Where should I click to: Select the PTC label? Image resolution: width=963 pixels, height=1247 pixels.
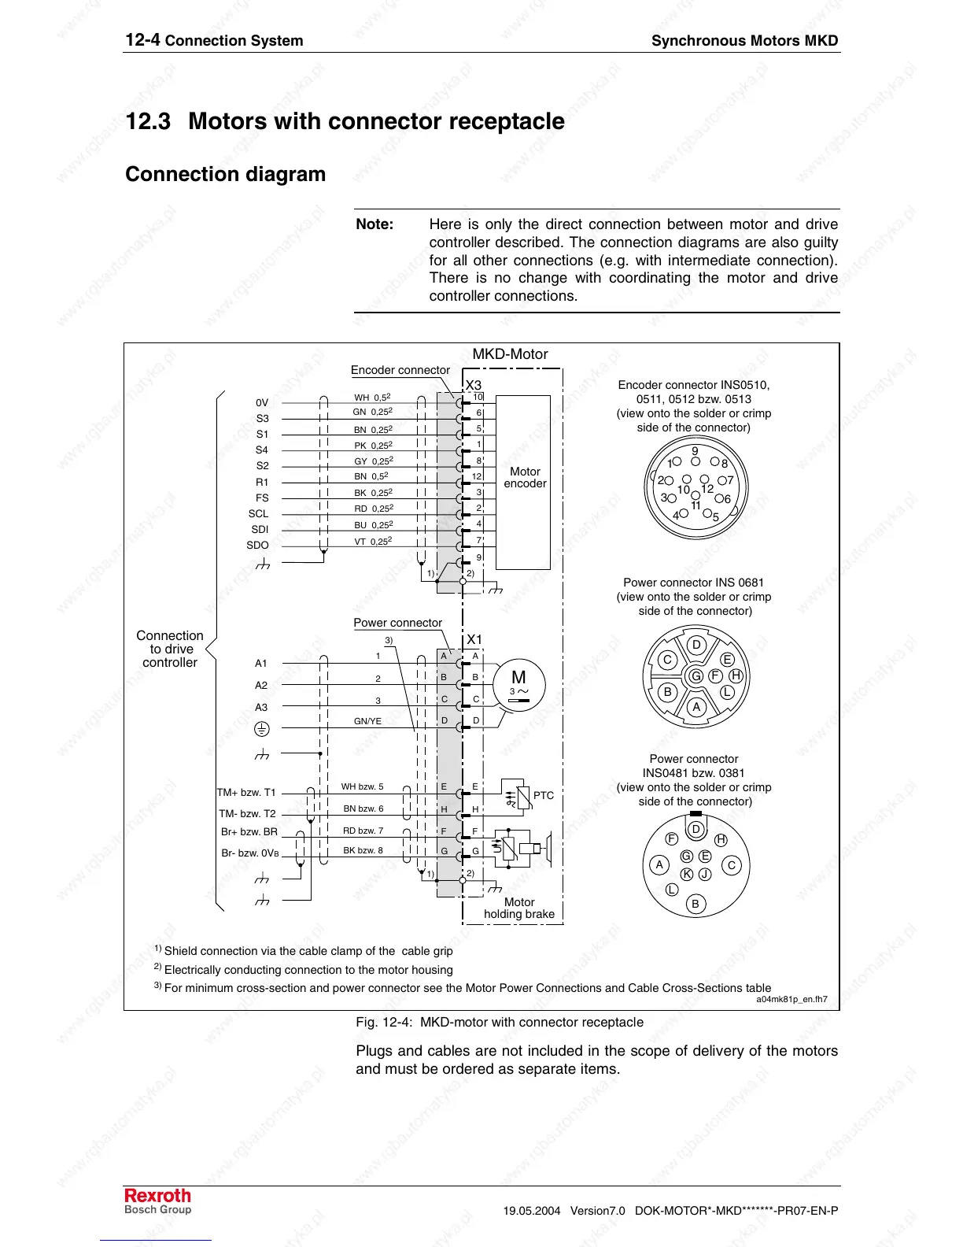[543, 795]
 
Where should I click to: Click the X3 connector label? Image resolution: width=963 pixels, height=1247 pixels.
[474, 385]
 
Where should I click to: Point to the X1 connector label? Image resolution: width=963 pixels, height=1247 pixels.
[474, 639]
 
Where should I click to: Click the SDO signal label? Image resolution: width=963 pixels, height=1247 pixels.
[257, 545]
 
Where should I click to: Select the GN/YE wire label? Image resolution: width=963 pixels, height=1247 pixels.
[367, 720]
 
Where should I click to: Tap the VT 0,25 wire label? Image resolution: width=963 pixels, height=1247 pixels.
[372, 541]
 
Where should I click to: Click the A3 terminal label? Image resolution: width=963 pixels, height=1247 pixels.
[261, 707]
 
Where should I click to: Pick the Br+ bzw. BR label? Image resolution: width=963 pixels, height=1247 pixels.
[249, 831]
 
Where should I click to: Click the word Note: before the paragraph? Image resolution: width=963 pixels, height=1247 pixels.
[374, 224]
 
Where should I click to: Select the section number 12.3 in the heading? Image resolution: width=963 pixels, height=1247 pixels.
[148, 121]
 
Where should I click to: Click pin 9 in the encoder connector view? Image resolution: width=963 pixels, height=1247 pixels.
[695, 452]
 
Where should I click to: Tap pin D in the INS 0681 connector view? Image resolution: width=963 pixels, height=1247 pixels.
[696, 645]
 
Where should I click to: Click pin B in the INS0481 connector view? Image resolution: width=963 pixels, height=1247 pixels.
[695, 904]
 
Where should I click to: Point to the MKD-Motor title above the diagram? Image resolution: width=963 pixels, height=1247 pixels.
[510, 354]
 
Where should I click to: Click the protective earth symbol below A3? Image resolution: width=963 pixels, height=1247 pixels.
[262, 730]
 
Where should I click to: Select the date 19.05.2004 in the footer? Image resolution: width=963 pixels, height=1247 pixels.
[532, 1211]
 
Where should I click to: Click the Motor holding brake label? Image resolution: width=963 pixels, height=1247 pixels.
[519, 908]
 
